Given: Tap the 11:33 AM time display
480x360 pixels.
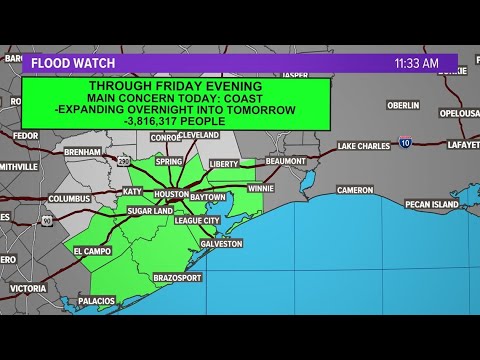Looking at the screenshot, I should pos(416,63).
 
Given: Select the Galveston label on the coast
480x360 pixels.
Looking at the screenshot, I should pos(221,243).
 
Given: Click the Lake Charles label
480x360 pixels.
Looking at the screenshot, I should pos(361,146).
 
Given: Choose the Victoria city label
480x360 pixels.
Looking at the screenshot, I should pos(28,288).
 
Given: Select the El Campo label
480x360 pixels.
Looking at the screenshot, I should pos(92,252).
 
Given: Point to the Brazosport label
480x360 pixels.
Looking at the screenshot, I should pos(180,278).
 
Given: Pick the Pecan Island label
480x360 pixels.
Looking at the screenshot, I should pos(431,204).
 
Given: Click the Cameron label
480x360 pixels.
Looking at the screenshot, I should pos(354,190).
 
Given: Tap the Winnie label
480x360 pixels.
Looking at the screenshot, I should pos(261,187).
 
